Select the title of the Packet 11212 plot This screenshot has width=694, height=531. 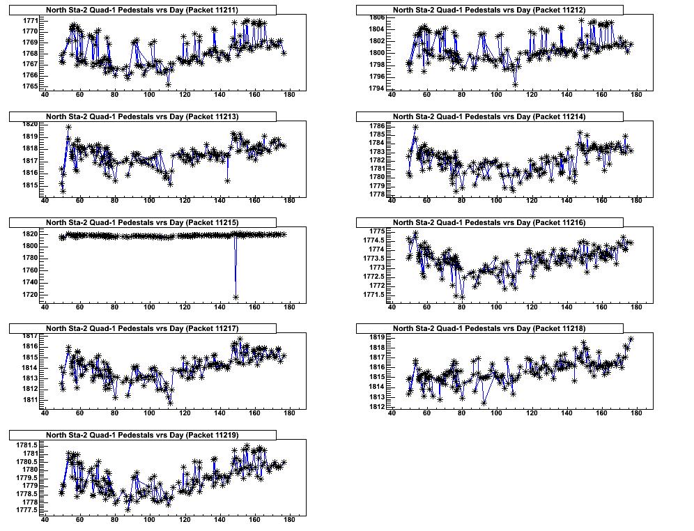click(x=488, y=10)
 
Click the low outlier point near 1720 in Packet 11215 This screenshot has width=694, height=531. click(x=236, y=297)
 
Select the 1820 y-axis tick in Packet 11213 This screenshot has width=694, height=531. click(x=29, y=124)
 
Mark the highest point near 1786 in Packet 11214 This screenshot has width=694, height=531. click(x=415, y=127)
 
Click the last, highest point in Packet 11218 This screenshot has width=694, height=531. click(x=631, y=339)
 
